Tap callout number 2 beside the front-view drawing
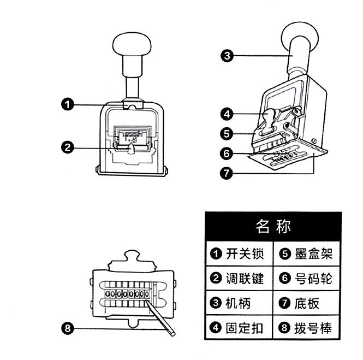(x=67, y=147)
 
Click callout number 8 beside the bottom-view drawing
(x=67, y=328)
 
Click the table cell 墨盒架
(x=307, y=254)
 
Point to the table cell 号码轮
(x=307, y=279)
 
